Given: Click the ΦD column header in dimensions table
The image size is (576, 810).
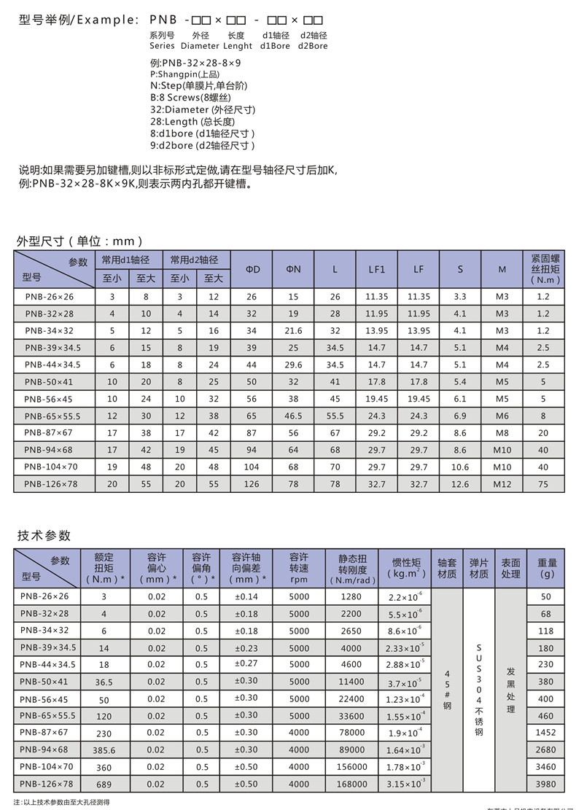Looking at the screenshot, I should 252,270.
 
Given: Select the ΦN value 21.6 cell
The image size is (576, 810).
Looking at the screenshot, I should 293,331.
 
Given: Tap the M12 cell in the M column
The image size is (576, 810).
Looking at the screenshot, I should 502,483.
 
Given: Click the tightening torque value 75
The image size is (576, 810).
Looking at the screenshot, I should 542,483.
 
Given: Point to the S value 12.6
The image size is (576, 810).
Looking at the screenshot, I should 460,483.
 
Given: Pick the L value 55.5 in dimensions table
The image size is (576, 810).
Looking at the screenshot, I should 335,415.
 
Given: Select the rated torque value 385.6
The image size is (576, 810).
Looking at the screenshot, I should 104,749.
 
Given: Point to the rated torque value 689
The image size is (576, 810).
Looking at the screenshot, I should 104,784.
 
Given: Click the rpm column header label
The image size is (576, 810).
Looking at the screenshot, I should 299,580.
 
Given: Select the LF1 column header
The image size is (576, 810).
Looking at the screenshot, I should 376,270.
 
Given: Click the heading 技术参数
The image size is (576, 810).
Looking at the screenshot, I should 44,535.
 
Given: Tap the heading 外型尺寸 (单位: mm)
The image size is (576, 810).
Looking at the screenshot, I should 79,241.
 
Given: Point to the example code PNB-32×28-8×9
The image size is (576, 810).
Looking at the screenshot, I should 195,63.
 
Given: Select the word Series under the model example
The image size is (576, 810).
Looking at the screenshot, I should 162,46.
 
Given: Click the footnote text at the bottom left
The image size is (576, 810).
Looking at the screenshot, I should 61,802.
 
